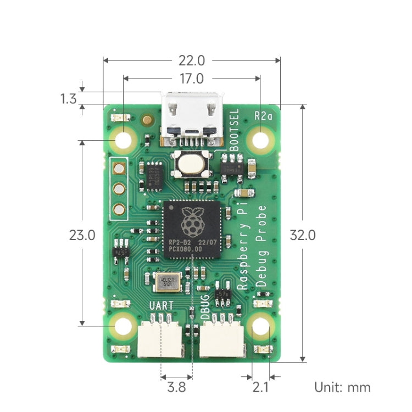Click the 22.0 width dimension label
coord(191,60)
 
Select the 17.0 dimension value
coord(191,79)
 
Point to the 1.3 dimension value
coord(68,99)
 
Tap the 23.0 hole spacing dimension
coord(82,235)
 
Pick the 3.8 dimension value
coord(176,388)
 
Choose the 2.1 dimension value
coord(260,388)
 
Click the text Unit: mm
coord(342,387)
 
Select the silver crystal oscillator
coord(167,282)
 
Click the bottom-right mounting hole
coord(260,327)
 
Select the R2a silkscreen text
coord(264,116)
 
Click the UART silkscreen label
coord(161,305)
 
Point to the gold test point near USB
coord(146,120)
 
